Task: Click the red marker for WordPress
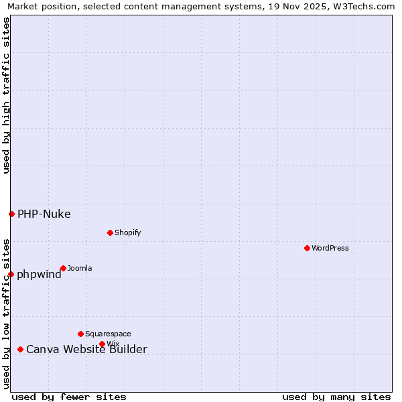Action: click(307, 248)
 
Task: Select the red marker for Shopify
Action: click(110, 232)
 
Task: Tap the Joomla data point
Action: click(63, 268)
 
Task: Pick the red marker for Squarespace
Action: click(80, 334)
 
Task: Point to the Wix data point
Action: click(102, 344)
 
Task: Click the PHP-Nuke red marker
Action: click(11, 214)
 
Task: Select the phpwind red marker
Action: click(11, 274)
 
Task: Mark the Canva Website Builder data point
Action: click(20, 349)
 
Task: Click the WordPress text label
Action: click(330, 248)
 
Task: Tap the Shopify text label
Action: click(127, 232)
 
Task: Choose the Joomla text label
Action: click(80, 268)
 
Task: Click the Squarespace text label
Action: click(108, 334)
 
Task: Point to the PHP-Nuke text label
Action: click(44, 214)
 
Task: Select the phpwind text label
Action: click(39, 275)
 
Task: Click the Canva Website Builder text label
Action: click(86, 350)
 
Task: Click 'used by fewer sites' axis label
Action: click(69, 397)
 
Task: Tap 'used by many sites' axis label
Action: click(336, 397)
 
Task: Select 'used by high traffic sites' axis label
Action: click(6, 95)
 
